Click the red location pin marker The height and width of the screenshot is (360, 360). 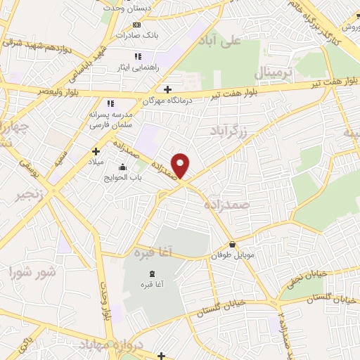(x=181, y=165)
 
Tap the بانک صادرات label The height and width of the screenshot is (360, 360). (x=136, y=34)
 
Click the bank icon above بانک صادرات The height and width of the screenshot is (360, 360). (x=136, y=25)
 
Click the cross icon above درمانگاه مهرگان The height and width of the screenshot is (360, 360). (x=167, y=89)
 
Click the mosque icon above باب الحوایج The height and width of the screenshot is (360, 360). (x=124, y=167)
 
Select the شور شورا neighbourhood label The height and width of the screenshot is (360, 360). (x=31, y=270)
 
